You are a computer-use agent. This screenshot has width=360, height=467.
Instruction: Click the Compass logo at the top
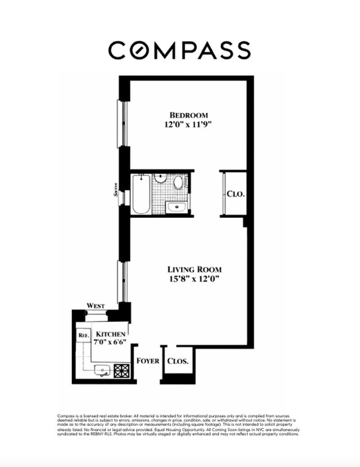coord(180,50)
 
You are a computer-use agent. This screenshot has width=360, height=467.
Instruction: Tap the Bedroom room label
coord(187,114)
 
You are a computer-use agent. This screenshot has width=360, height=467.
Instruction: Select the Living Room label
coord(194,269)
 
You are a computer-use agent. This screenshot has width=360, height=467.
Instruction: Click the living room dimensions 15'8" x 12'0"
coord(195,279)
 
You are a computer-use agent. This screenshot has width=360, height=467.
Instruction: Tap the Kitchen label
coord(110,334)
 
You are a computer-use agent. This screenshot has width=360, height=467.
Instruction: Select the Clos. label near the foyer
coord(178,361)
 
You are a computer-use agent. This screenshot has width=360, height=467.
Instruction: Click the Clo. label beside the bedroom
coord(235,195)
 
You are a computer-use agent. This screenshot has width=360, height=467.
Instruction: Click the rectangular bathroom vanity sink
coord(176,207)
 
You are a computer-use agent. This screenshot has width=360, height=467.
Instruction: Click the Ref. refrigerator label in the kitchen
coord(83,336)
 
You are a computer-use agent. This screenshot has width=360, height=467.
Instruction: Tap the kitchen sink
coord(103,371)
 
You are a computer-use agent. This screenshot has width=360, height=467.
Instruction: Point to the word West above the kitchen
coord(96,306)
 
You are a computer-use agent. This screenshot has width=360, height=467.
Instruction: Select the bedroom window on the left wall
coord(121,123)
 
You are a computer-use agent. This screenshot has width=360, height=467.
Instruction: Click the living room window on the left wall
coord(120,281)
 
